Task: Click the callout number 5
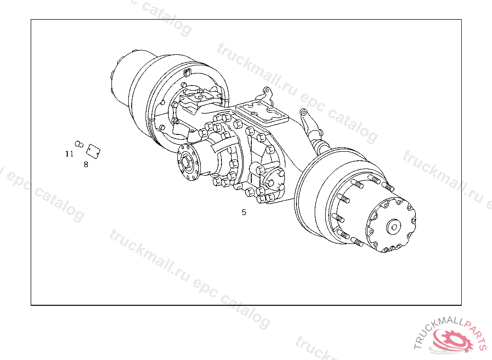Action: click(x=244, y=212)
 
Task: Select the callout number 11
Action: click(x=69, y=154)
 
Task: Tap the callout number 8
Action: click(x=86, y=164)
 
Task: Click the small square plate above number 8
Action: click(x=93, y=151)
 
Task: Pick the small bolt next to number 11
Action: click(x=79, y=144)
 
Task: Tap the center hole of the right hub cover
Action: click(x=394, y=227)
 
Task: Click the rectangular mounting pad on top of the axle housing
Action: click(x=262, y=113)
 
